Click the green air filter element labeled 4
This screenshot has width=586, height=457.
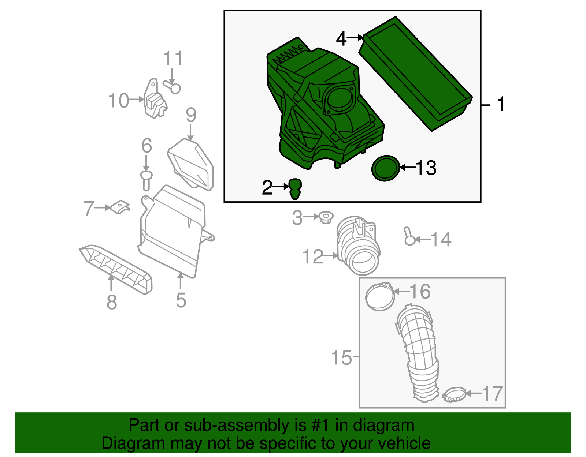(x=416, y=73)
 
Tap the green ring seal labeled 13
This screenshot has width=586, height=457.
(x=385, y=168)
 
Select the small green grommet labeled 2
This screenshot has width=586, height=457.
(x=295, y=188)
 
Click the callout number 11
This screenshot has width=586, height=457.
(x=173, y=59)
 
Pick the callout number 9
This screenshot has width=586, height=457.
(x=191, y=115)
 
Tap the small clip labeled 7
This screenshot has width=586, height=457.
(x=120, y=207)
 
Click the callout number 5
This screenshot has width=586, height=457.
(x=181, y=300)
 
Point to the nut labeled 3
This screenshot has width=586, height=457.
(x=325, y=218)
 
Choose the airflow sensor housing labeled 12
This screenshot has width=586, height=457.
(x=358, y=245)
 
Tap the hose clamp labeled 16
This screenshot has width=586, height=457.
(x=380, y=296)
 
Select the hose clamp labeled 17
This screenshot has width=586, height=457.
(x=454, y=394)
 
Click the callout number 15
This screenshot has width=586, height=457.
(x=341, y=357)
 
